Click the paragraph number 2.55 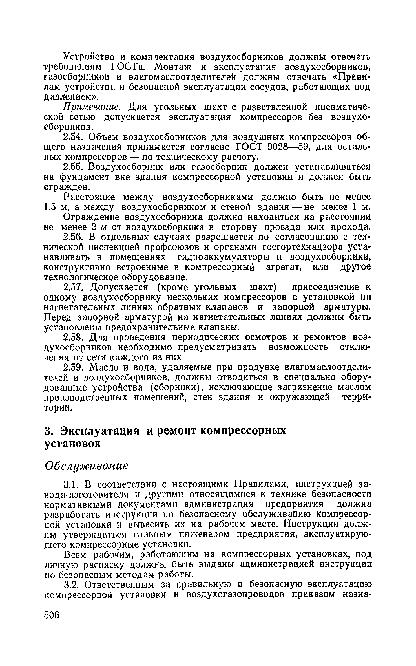pos(73,167)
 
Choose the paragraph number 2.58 pos(73,338)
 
